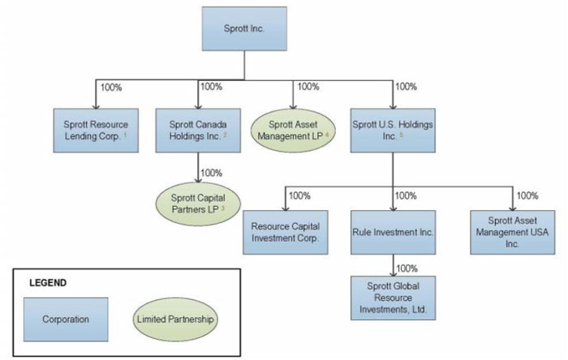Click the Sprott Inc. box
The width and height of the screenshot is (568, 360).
[244, 28]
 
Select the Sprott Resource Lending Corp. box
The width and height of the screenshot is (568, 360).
[96, 131]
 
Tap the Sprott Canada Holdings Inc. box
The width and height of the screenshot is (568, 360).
[198, 131]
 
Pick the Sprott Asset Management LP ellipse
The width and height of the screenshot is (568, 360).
[293, 131]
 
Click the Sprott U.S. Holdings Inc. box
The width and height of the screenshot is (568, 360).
[393, 131]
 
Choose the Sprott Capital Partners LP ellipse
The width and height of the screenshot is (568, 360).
[198, 204]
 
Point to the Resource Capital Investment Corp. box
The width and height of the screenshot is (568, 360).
[286, 232]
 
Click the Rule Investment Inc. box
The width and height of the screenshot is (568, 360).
[393, 232]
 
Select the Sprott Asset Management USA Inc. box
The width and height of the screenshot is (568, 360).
[513, 232]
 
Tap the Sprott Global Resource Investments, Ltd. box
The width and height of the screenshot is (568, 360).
[393, 298]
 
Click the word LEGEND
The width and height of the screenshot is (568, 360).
[48, 283]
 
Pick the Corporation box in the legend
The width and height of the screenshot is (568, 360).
[66, 319]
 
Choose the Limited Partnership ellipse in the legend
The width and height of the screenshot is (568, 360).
[175, 319]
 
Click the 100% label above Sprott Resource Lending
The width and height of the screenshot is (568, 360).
[111, 88]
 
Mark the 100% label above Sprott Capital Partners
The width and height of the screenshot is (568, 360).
[211, 173]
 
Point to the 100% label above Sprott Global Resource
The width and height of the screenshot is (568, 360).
[407, 268]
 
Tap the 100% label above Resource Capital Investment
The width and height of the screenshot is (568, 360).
[299, 195]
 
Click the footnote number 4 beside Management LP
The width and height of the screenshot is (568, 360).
[327, 135]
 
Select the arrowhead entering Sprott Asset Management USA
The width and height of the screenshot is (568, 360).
[513, 208]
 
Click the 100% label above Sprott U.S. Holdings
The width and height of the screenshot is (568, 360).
[406, 87]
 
